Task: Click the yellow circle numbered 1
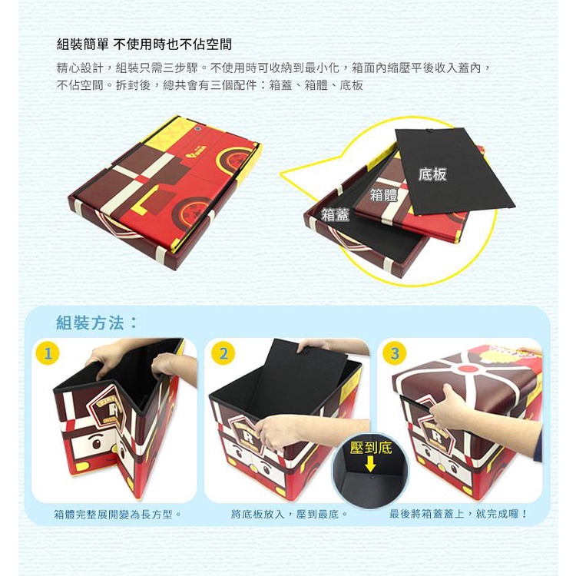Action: pos(48,353)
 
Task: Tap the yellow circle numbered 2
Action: pos(223,353)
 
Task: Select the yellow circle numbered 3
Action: pos(394,353)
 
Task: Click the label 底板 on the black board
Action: pos(432,174)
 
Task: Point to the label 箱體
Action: pos(384,195)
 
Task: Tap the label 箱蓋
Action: pos(335,214)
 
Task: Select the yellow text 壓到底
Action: pos(371,448)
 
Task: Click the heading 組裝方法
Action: pos(97,323)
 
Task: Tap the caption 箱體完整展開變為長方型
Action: pos(118,514)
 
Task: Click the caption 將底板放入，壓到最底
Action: pos(289,514)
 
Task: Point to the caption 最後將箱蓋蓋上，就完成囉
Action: pos(458,514)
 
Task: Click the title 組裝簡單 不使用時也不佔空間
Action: pos(144,45)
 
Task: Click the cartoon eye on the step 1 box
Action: pos(97,443)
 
